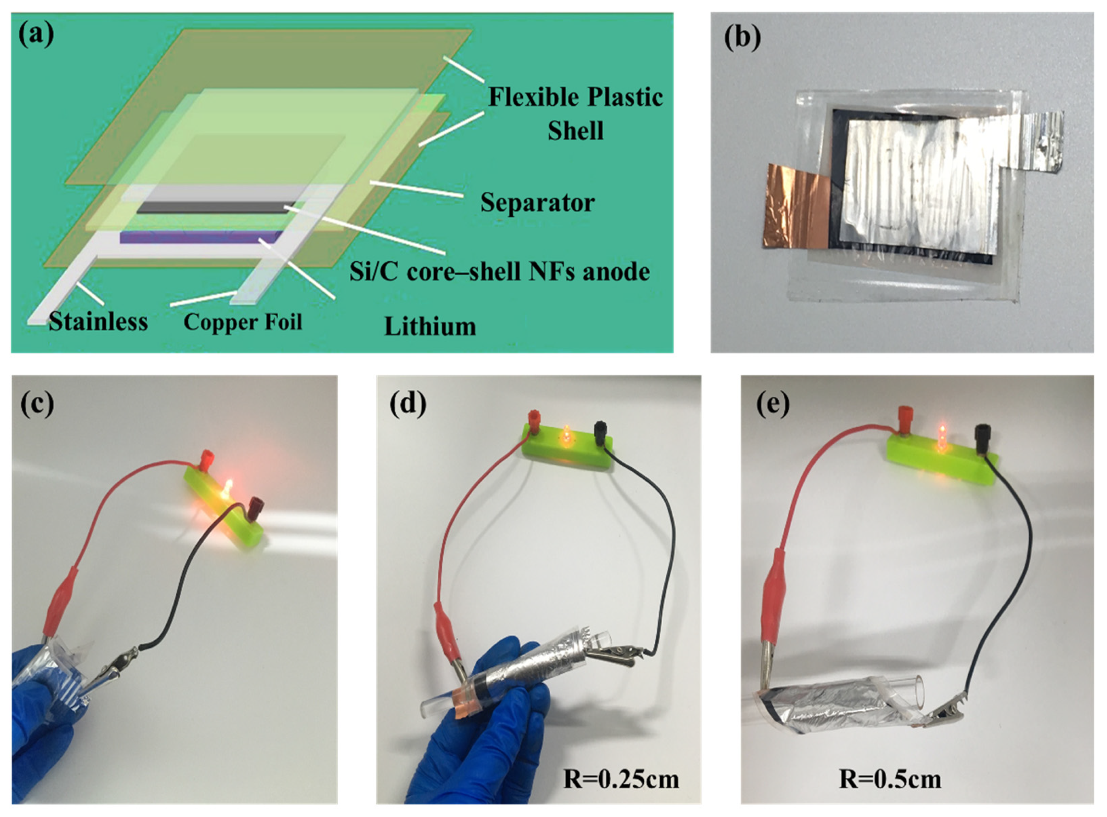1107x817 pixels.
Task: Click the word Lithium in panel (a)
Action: pos(430,326)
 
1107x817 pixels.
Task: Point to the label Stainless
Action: pos(98,322)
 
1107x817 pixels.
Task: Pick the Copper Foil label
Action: pos(242,322)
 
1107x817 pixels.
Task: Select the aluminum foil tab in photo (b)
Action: pos(1041,141)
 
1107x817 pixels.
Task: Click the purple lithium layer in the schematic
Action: pos(200,237)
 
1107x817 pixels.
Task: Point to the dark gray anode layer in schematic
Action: pos(213,207)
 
